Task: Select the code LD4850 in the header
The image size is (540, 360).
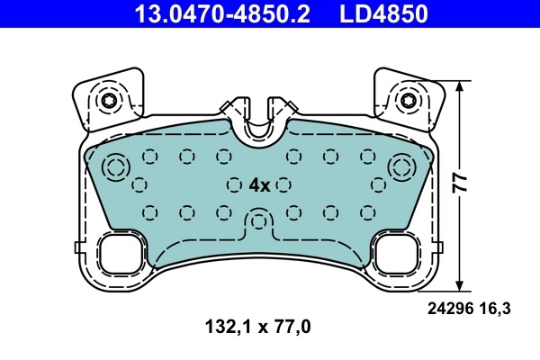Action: point(382,13)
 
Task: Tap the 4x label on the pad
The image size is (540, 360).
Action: point(259,184)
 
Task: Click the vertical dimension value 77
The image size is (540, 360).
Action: point(460,183)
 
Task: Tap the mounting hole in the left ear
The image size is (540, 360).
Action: point(110,100)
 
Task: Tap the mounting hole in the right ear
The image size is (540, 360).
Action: point(409,100)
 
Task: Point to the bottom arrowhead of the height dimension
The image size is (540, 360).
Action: point(461,285)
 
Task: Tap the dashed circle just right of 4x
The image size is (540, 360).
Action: point(283,184)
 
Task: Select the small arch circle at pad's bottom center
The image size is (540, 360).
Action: point(259,220)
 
